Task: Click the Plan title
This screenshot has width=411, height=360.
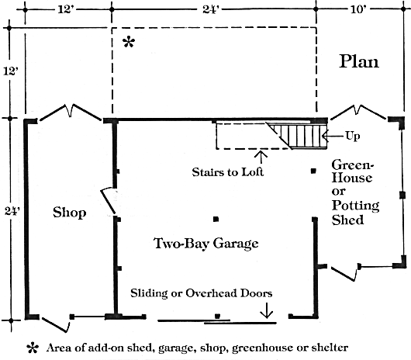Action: [x=359, y=61]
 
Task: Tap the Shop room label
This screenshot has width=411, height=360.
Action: [x=70, y=213]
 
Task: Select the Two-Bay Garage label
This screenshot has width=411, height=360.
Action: [x=206, y=244]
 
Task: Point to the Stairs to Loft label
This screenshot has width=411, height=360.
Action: [x=228, y=172]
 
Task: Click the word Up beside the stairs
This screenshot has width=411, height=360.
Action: [x=353, y=136]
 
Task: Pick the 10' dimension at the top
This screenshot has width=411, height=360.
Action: [x=358, y=9]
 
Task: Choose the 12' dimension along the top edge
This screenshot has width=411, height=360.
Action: [x=66, y=9]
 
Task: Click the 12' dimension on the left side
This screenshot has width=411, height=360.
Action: [x=11, y=71]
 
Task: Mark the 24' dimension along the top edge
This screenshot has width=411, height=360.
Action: [x=211, y=9]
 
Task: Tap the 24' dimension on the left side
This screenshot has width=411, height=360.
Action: [x=12, y=211]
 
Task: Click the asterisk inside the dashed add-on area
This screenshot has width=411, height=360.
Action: [x=129, y=42]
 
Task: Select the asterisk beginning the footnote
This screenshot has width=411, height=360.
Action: [x=33, y=348]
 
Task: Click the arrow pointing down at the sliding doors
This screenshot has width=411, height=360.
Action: [x=267, y=310]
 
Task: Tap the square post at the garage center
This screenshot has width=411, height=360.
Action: [x=216, y=219]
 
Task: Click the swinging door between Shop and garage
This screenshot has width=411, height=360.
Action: [x=108, y=201]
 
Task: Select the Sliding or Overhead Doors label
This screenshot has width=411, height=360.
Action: [x=202, y=293]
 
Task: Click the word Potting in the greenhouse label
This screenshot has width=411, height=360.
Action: [x=355, y=206]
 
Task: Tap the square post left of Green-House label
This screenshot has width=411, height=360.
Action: [x=313, y=171]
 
